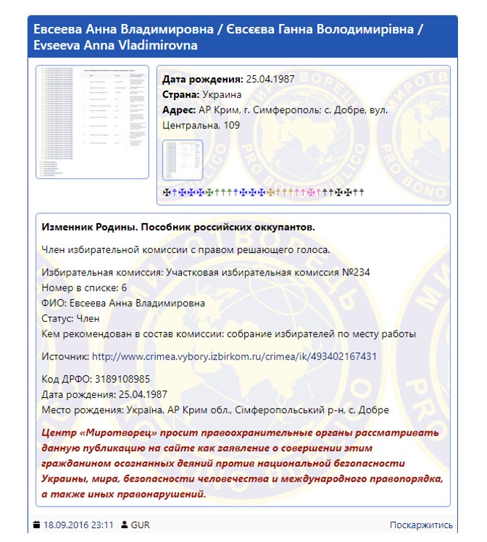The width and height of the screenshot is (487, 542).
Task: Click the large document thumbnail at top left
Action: pyautogui.click(x=92, y=122)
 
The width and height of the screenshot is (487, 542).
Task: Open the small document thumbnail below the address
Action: pyautogui.click(x=183, y=160)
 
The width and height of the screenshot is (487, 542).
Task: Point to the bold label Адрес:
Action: pyautogui.click(x=179, y=109)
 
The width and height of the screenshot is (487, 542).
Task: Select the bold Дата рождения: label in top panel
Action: pyautogui.click(x=202, y=79)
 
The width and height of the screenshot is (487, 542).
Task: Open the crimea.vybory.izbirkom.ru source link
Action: pyautogui.click(x=234, y=357)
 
